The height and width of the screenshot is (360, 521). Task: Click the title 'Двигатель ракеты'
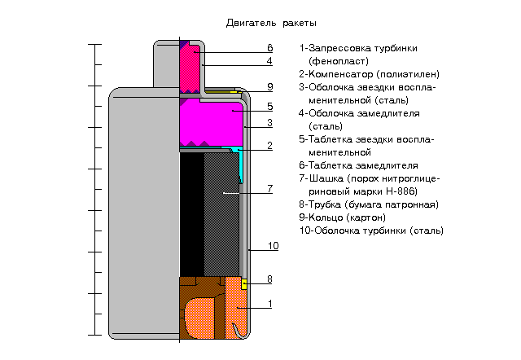pyautogui.click(x=271, y=23)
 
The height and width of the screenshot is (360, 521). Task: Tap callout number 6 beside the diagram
pyautogui.click(x=269, y=49)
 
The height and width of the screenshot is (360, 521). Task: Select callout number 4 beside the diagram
pyautogui.click(x=269, y=61)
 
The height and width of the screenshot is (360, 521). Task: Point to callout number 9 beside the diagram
pyautogui.click(x=269, y=87)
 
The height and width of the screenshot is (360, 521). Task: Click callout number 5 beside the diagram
pyautogui.click(x=269, y=107)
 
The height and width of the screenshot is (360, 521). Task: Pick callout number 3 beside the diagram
pyautogui.click(x=269, y=123)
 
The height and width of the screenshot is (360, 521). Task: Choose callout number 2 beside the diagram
pyautogui.click(x=269, y=147)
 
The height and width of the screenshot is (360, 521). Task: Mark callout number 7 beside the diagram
pyautogui.click(x=269, y=189)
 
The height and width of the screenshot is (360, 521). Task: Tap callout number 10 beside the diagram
pyautogui.click(x=274, y=246)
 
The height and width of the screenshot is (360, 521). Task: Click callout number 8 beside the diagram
pyautogui.click(x=269, y=280)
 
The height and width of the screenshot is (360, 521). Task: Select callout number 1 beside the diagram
pyautogui.click(x=269, y=304)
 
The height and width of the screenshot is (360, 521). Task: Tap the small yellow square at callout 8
pyautogui.click(x=244, y=284)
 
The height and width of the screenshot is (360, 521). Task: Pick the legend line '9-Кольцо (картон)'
pyautogui.click(x=342, y=217)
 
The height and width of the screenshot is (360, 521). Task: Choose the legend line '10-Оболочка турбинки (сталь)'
pyautogui.click(x=371, y=230)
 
